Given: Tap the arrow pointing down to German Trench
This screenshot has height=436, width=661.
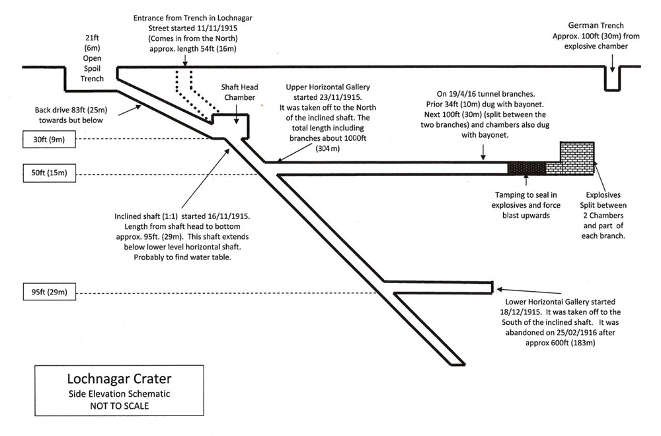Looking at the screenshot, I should pos(612,61).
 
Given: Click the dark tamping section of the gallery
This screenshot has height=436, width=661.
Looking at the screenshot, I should pos(525,168).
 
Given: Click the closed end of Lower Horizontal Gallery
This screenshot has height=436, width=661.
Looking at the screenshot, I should pos(493,286).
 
